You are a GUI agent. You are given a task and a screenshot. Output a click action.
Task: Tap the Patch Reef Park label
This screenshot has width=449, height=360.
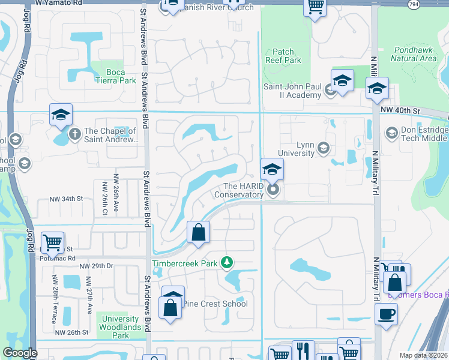coord(283,56)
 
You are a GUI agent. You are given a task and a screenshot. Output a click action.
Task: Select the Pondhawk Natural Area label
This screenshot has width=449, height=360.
coord(414,54)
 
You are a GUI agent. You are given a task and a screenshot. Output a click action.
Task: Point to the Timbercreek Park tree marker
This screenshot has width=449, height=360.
coord(227,262)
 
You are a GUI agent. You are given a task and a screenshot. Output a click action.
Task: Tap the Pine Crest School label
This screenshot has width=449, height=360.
coord(215,303)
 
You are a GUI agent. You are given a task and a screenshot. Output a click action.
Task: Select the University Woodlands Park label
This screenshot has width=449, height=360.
coord(121,327)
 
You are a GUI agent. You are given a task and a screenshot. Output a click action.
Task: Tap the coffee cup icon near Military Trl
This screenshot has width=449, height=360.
coord(386,314)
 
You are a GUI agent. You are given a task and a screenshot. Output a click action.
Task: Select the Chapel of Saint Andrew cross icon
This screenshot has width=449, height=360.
coord(74,133)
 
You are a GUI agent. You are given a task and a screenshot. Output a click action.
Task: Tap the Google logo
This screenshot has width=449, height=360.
coord(20,353)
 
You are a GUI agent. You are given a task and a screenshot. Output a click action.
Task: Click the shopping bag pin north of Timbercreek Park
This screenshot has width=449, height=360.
coord(198,232)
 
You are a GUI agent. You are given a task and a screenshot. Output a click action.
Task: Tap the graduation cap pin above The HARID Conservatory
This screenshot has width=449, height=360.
coord(272,170)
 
